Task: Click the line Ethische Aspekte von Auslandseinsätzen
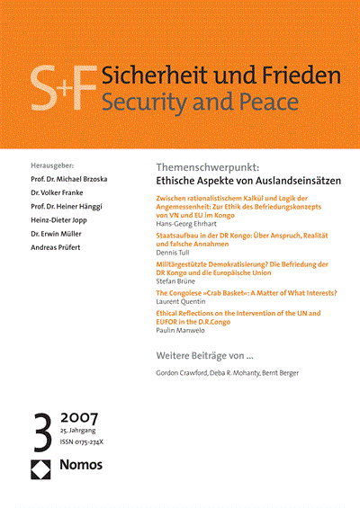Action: [237, 181]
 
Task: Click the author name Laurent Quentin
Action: [182, 304]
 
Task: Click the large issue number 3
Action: [42, 427]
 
